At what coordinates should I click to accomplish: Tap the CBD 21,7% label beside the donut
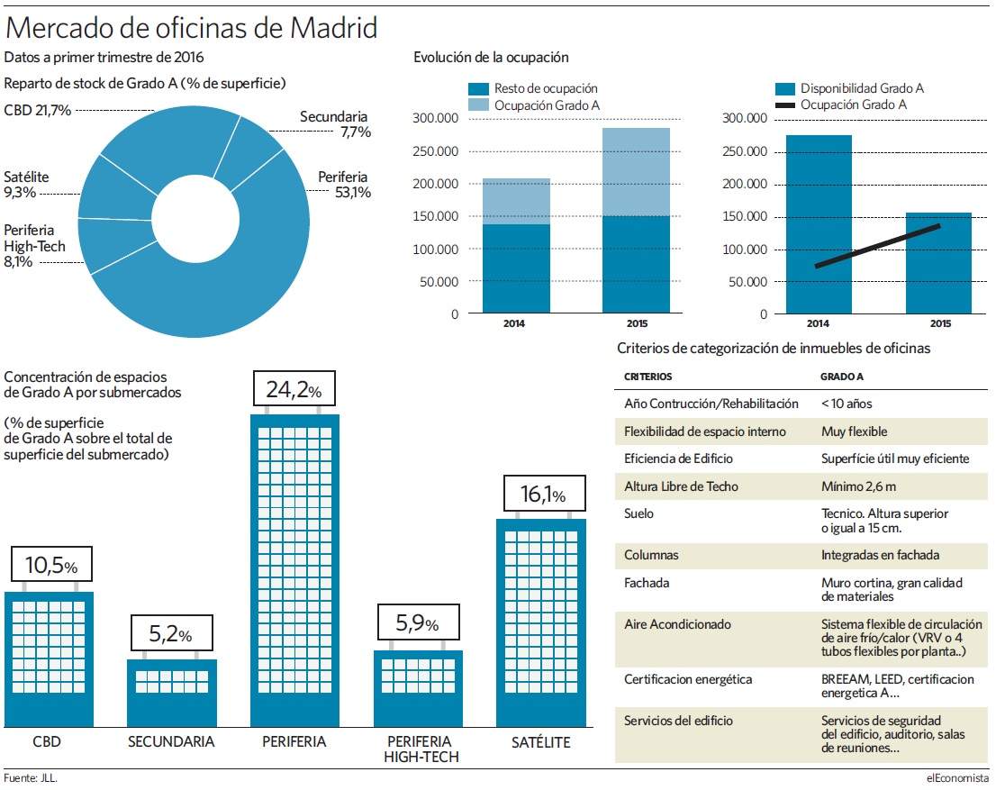click(38, 110)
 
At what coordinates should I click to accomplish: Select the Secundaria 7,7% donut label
click(335, 124)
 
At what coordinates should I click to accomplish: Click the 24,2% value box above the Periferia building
click(294, 388)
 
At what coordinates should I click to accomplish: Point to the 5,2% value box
click(171, 633)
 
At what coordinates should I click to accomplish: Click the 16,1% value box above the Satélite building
click(544, 494)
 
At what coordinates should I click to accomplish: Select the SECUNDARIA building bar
click(172, 693)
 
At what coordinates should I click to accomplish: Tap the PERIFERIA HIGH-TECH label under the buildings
click(421, 749)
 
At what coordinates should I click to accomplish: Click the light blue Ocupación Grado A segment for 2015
click(636, 172)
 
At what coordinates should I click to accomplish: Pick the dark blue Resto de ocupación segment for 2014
click(516, 268)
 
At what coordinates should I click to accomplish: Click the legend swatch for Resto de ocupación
click(479, 89)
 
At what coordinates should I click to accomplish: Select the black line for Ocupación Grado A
click(877, 245)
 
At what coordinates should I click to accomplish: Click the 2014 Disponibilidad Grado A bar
click(819, 224)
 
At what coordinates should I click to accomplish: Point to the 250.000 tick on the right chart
click(745, 151)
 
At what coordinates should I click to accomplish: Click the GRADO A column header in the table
click(842, 377)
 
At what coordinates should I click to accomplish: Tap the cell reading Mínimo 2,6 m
click(859, 486)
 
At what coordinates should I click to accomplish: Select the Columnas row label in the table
click(651, 555)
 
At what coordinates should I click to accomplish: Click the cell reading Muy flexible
click(855, 431)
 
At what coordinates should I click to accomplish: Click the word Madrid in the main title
click(334, 28)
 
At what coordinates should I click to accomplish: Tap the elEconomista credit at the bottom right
click(957, 778)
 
